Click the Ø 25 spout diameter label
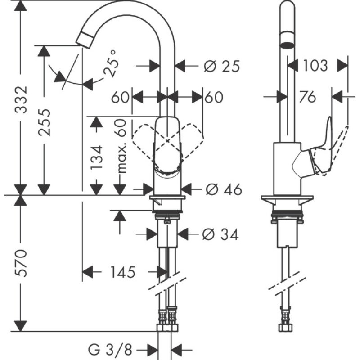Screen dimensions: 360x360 [221, 67]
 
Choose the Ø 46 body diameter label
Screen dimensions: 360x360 [224, 190]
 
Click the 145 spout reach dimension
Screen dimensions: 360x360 [122, 272]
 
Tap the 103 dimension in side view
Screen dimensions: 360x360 [315, 66]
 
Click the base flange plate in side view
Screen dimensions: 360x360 [287, 199]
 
